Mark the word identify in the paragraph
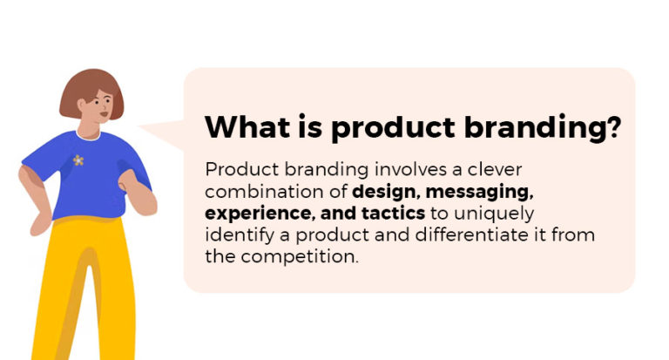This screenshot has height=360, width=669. click(x=233, y=234)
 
